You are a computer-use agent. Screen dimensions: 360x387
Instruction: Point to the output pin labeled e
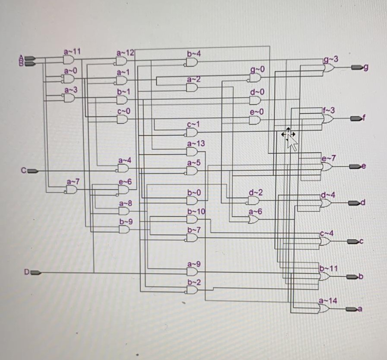click(355, 166)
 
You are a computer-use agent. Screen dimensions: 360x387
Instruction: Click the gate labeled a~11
click(69, 60)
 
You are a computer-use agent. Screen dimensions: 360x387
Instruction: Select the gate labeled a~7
click(71, 189)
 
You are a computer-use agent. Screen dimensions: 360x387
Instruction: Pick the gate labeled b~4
click(192, 62)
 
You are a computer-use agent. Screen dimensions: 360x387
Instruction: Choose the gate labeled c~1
click(192, 132)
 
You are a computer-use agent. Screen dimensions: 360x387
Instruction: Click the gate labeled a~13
click(192, 152)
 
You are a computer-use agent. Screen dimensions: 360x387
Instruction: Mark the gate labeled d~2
click(254, 201)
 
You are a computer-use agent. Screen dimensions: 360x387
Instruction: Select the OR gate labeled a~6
click(254, 220)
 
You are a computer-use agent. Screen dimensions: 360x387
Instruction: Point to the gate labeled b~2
click(192, 290)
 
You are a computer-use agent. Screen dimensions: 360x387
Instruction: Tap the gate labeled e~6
click(124, 190)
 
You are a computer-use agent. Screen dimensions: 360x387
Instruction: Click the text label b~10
click(196, 211)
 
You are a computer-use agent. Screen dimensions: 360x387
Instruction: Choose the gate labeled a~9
click(192, 271)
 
